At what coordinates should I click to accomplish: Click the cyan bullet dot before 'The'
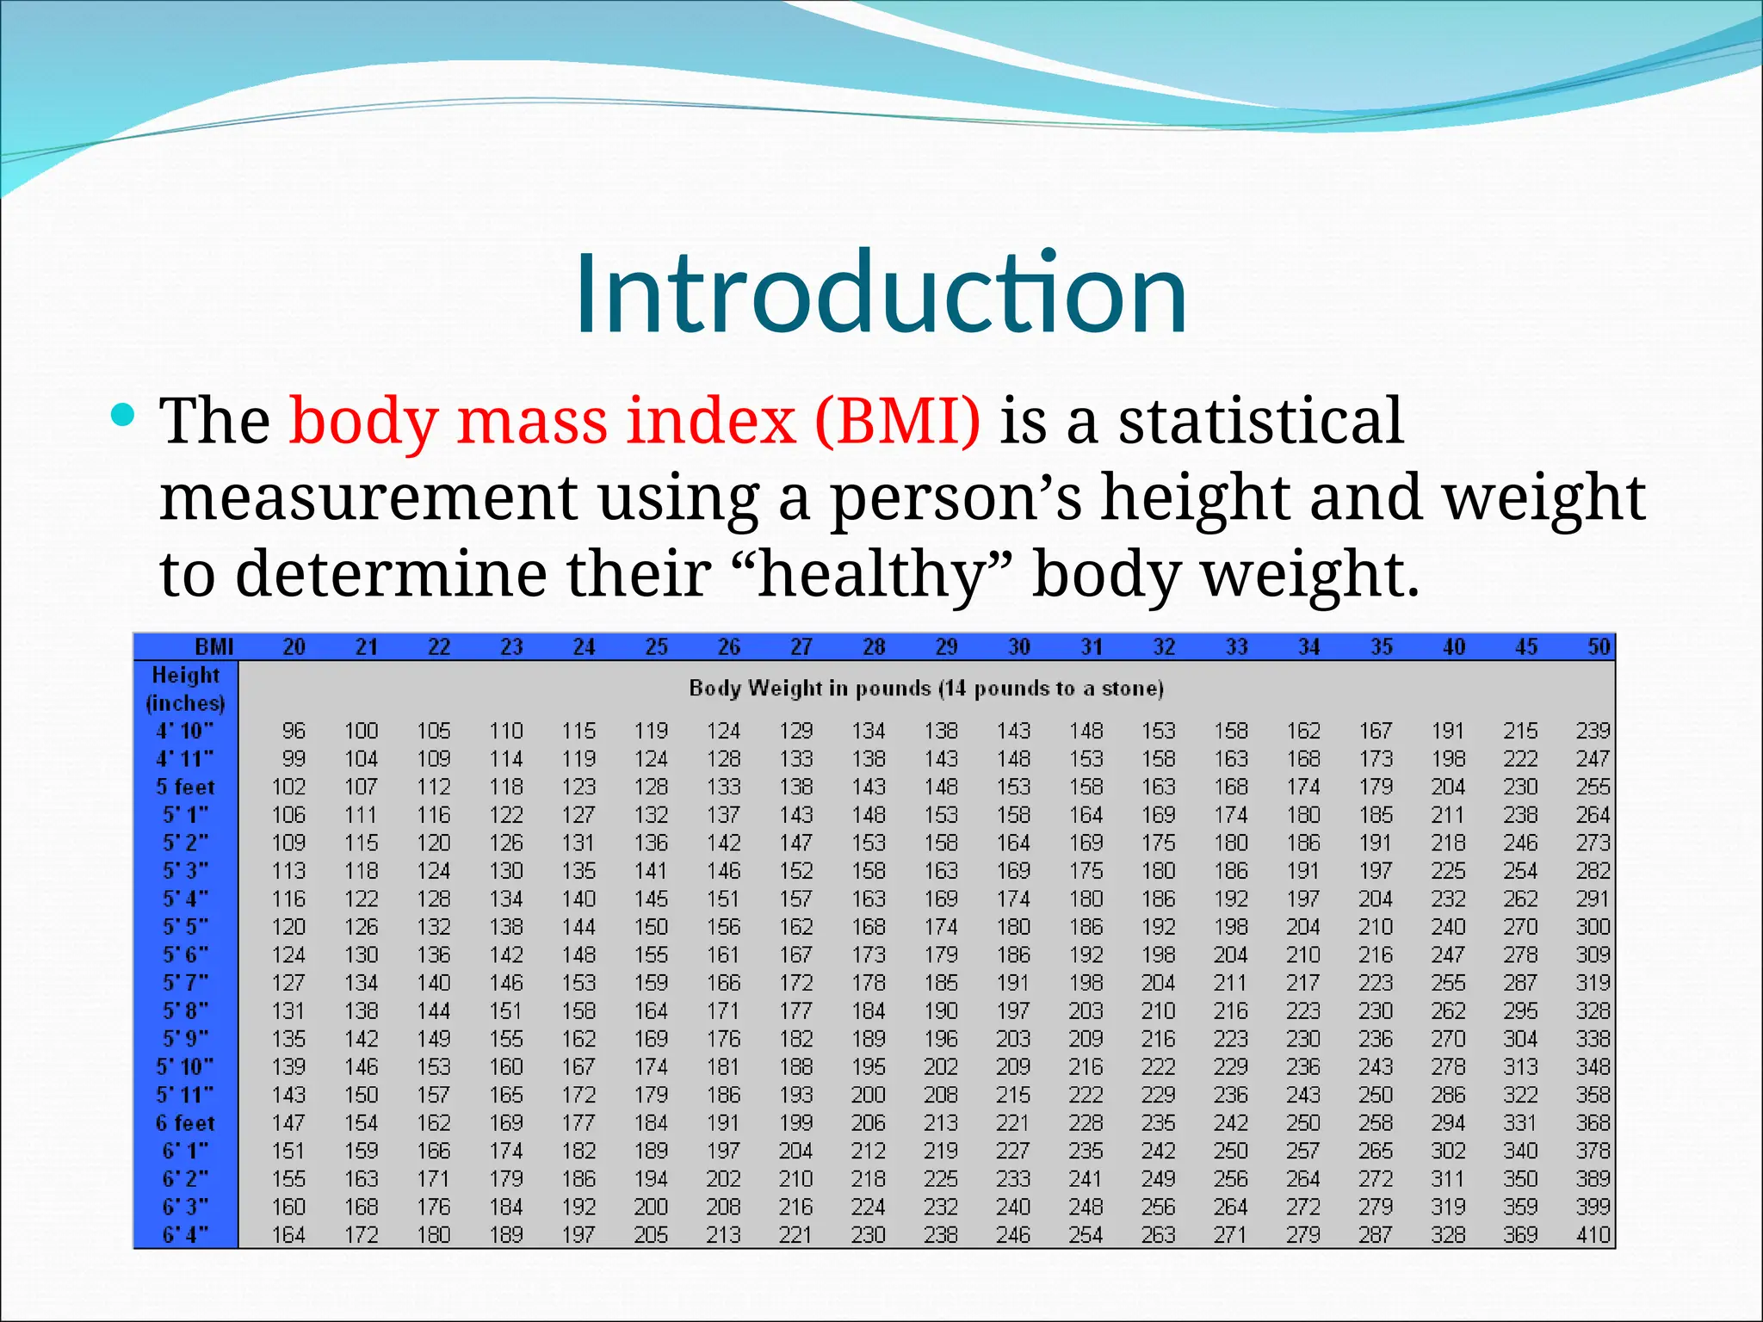(124, 417)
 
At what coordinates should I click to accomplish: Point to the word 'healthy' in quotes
(870, 575)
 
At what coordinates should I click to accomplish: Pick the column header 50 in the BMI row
(1599, 647)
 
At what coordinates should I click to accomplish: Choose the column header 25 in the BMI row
(656, 647)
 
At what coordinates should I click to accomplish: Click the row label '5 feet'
(185, 787)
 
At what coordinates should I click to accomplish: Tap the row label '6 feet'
(185, 1123)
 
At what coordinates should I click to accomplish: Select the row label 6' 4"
(185, 1235)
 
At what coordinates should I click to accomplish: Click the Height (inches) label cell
(185, 689)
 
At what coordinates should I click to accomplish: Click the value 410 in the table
(1593, 1235)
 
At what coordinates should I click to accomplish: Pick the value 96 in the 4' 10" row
(294, 731)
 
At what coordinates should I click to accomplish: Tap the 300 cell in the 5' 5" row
(1593, 927)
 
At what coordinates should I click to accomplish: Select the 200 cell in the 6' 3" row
(651, 1207)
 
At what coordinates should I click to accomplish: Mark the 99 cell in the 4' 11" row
(294, 759)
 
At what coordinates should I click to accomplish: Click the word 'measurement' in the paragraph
(368, 498)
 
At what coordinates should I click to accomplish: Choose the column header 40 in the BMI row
(1453, 647)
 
